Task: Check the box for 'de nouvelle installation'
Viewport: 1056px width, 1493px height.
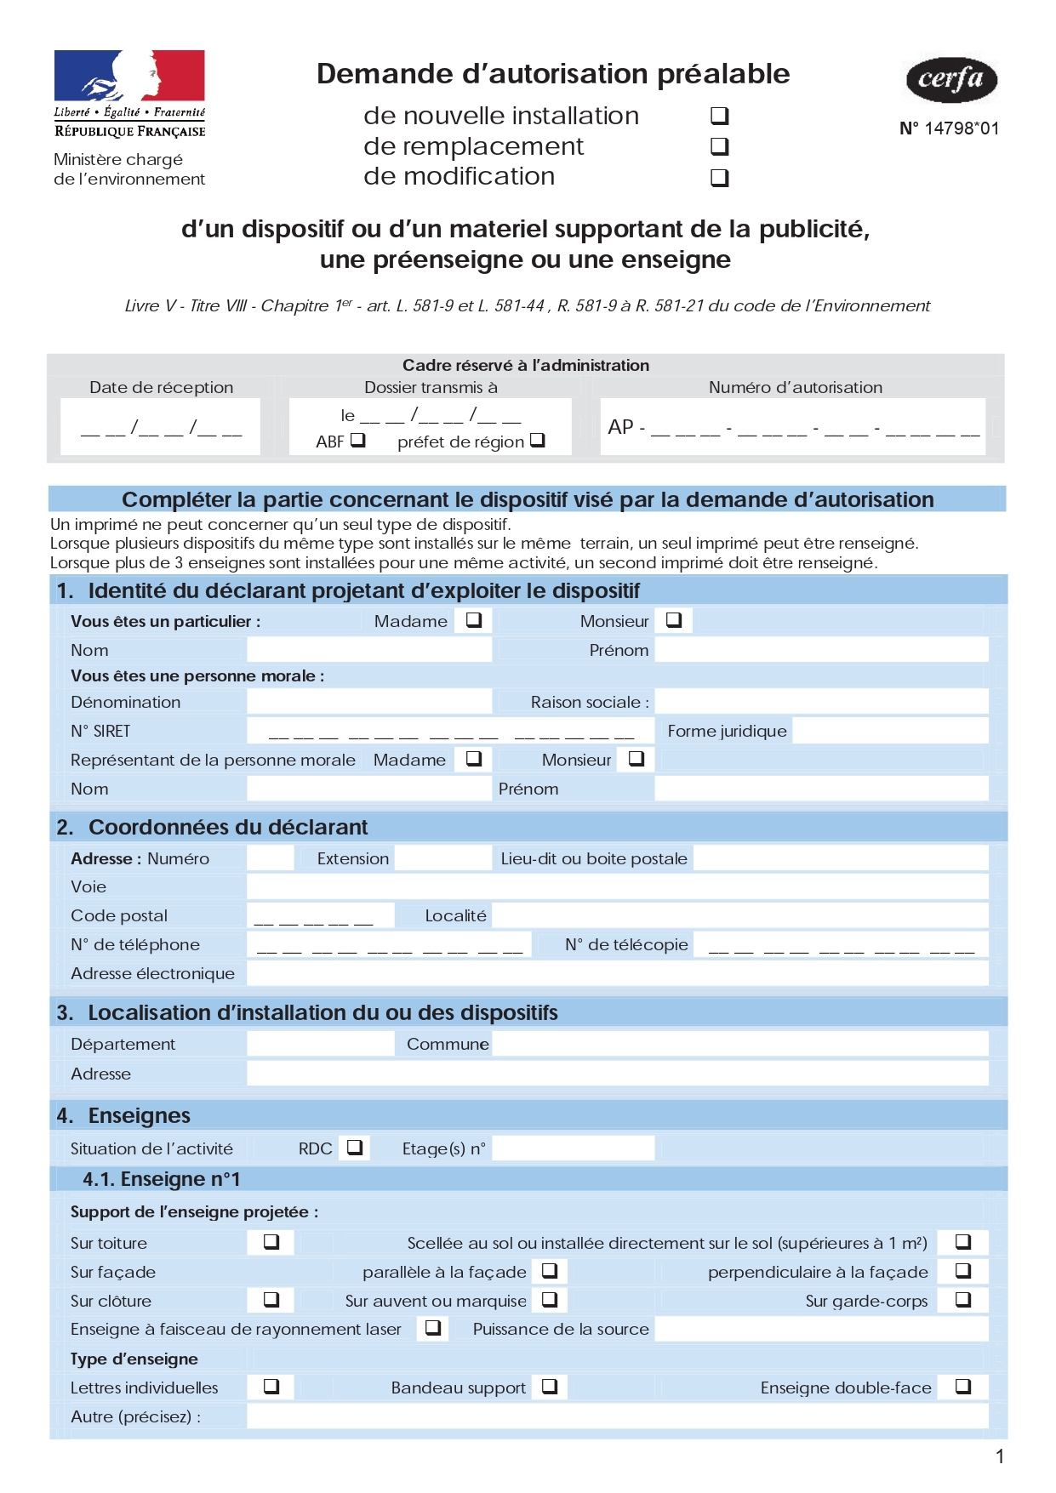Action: (x=720, y=116)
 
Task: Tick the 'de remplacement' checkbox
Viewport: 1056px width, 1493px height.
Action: (x=720, y=146)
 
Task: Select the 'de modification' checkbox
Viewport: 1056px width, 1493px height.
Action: (x=720, y=177)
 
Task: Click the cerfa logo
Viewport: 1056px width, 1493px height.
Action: (x=950, y=80)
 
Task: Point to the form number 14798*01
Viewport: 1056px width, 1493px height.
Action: (x=949, y=128)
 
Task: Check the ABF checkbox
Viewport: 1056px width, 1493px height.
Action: (x=358, y=440)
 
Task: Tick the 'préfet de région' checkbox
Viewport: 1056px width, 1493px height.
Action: (x=537, y=440)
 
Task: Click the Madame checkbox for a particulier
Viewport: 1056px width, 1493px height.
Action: (x=474, y=620)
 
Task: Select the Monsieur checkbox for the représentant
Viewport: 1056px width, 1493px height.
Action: (x=636, y=759)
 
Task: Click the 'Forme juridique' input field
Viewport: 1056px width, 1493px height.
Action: (x=890, y=731)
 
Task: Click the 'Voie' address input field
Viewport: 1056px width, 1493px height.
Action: (x=617, y=886)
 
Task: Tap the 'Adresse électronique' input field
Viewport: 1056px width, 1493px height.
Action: (x=617, y=973)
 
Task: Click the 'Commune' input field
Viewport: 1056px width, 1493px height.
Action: (x=739, y=1044)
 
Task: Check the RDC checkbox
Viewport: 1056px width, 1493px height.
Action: (x=355, y=1148)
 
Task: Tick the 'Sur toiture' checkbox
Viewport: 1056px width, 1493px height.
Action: (x=271, y=1242)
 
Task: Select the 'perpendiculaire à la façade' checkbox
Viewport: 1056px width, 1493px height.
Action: (x=963, y=1271)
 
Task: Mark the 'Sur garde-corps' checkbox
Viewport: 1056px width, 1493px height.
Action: (x=963, y=1300)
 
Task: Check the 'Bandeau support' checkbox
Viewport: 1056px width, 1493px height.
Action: (x=550, y=1387)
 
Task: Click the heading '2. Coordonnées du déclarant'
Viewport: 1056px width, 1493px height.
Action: (x=228, y=827)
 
